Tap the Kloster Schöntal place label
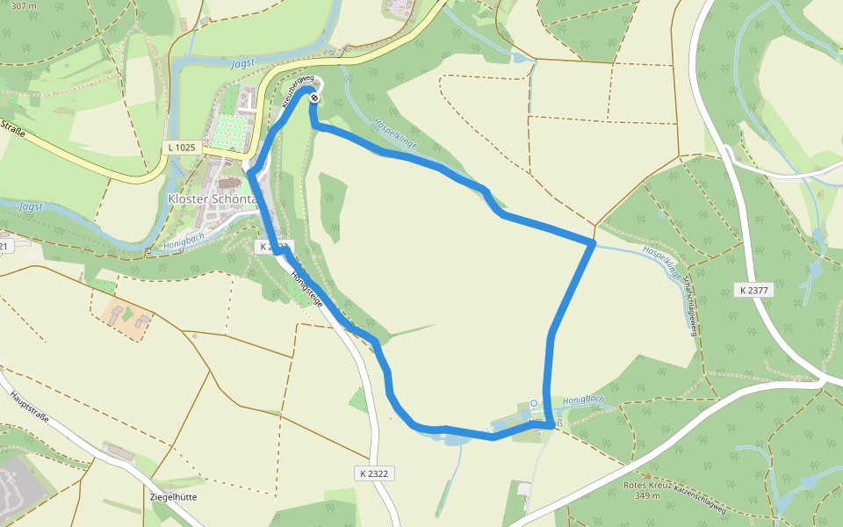pyautogui.click(x=211, y=199)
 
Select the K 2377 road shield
pyautogui.click(x=753, y=290)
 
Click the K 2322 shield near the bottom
pyautogui.click(x=373, y=473)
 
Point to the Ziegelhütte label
pyautogui.click(x=174, y=496)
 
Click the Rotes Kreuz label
pyautogui.click(x=647, y=485)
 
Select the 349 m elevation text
pyautogui.click(x=647, y=495)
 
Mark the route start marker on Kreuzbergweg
pyautogui.click(x=313, y=97)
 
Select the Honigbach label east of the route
pyautogui.click(x=583, y=399)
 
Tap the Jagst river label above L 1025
pyautogui.click(x=244, y=63)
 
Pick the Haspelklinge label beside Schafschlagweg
pyautogui.click(x=661, y=261)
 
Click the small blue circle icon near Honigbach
pyautogui.click(x=533, y=403)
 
